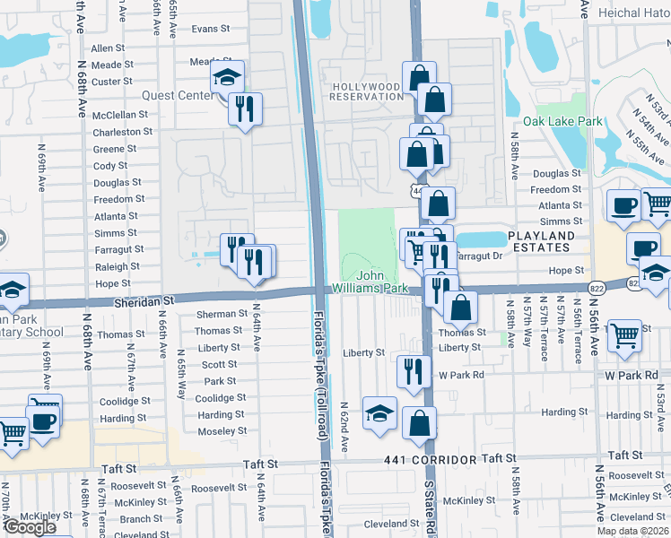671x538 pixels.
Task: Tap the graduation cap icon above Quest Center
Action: coord(228,78)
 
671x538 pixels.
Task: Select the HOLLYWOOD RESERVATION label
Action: coord(367,91)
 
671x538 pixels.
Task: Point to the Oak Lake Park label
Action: coord(562,121)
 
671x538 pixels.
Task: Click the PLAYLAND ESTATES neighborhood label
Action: coord(541,241)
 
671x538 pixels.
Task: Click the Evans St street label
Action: coord(211,29)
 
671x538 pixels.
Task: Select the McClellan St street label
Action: coord(120,115)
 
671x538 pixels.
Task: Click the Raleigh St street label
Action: coord(118,266)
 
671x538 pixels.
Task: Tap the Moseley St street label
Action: coord(221,431)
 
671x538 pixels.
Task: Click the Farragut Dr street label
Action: coord(475,256)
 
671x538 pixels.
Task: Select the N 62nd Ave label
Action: coord(344,426)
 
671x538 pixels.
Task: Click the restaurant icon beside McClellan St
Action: coord(245,109)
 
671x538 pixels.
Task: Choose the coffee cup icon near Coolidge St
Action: coord(43,420)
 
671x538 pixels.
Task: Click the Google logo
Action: coord(30,528)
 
